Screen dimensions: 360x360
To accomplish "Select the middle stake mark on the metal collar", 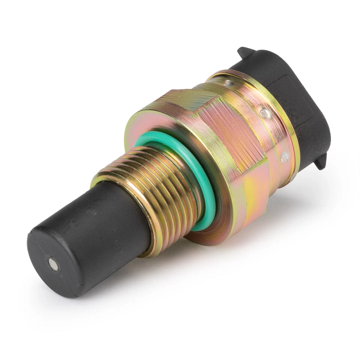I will (x=264, y=112).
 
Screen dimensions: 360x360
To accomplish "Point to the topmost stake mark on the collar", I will (x=227, y=81).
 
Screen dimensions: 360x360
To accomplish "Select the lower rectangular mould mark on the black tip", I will (x=116, y=246).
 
